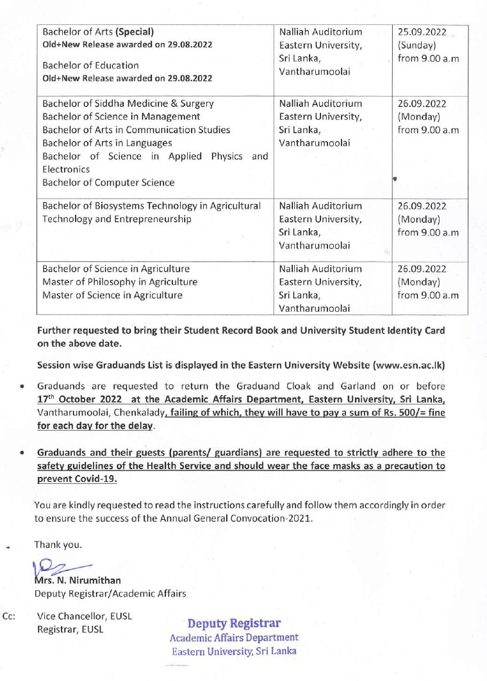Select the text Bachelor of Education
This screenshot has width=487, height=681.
(90, 65)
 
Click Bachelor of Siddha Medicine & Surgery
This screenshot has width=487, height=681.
(128, 103)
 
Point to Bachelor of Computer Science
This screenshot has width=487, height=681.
(108, 182)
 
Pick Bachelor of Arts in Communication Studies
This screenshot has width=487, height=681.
(136, 130)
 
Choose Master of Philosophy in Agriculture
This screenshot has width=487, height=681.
(120, 282)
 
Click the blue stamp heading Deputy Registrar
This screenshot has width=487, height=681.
(234, 623)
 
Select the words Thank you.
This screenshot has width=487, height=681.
(58, 545)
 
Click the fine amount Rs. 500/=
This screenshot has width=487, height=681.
(404, 413)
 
